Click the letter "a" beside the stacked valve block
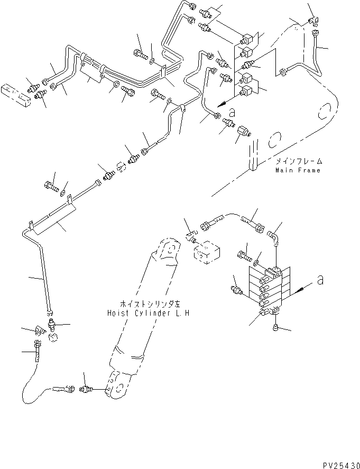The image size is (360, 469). coord(320,280)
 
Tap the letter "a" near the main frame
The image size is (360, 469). coord(232,112)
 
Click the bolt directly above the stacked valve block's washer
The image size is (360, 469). coord(246,252)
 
